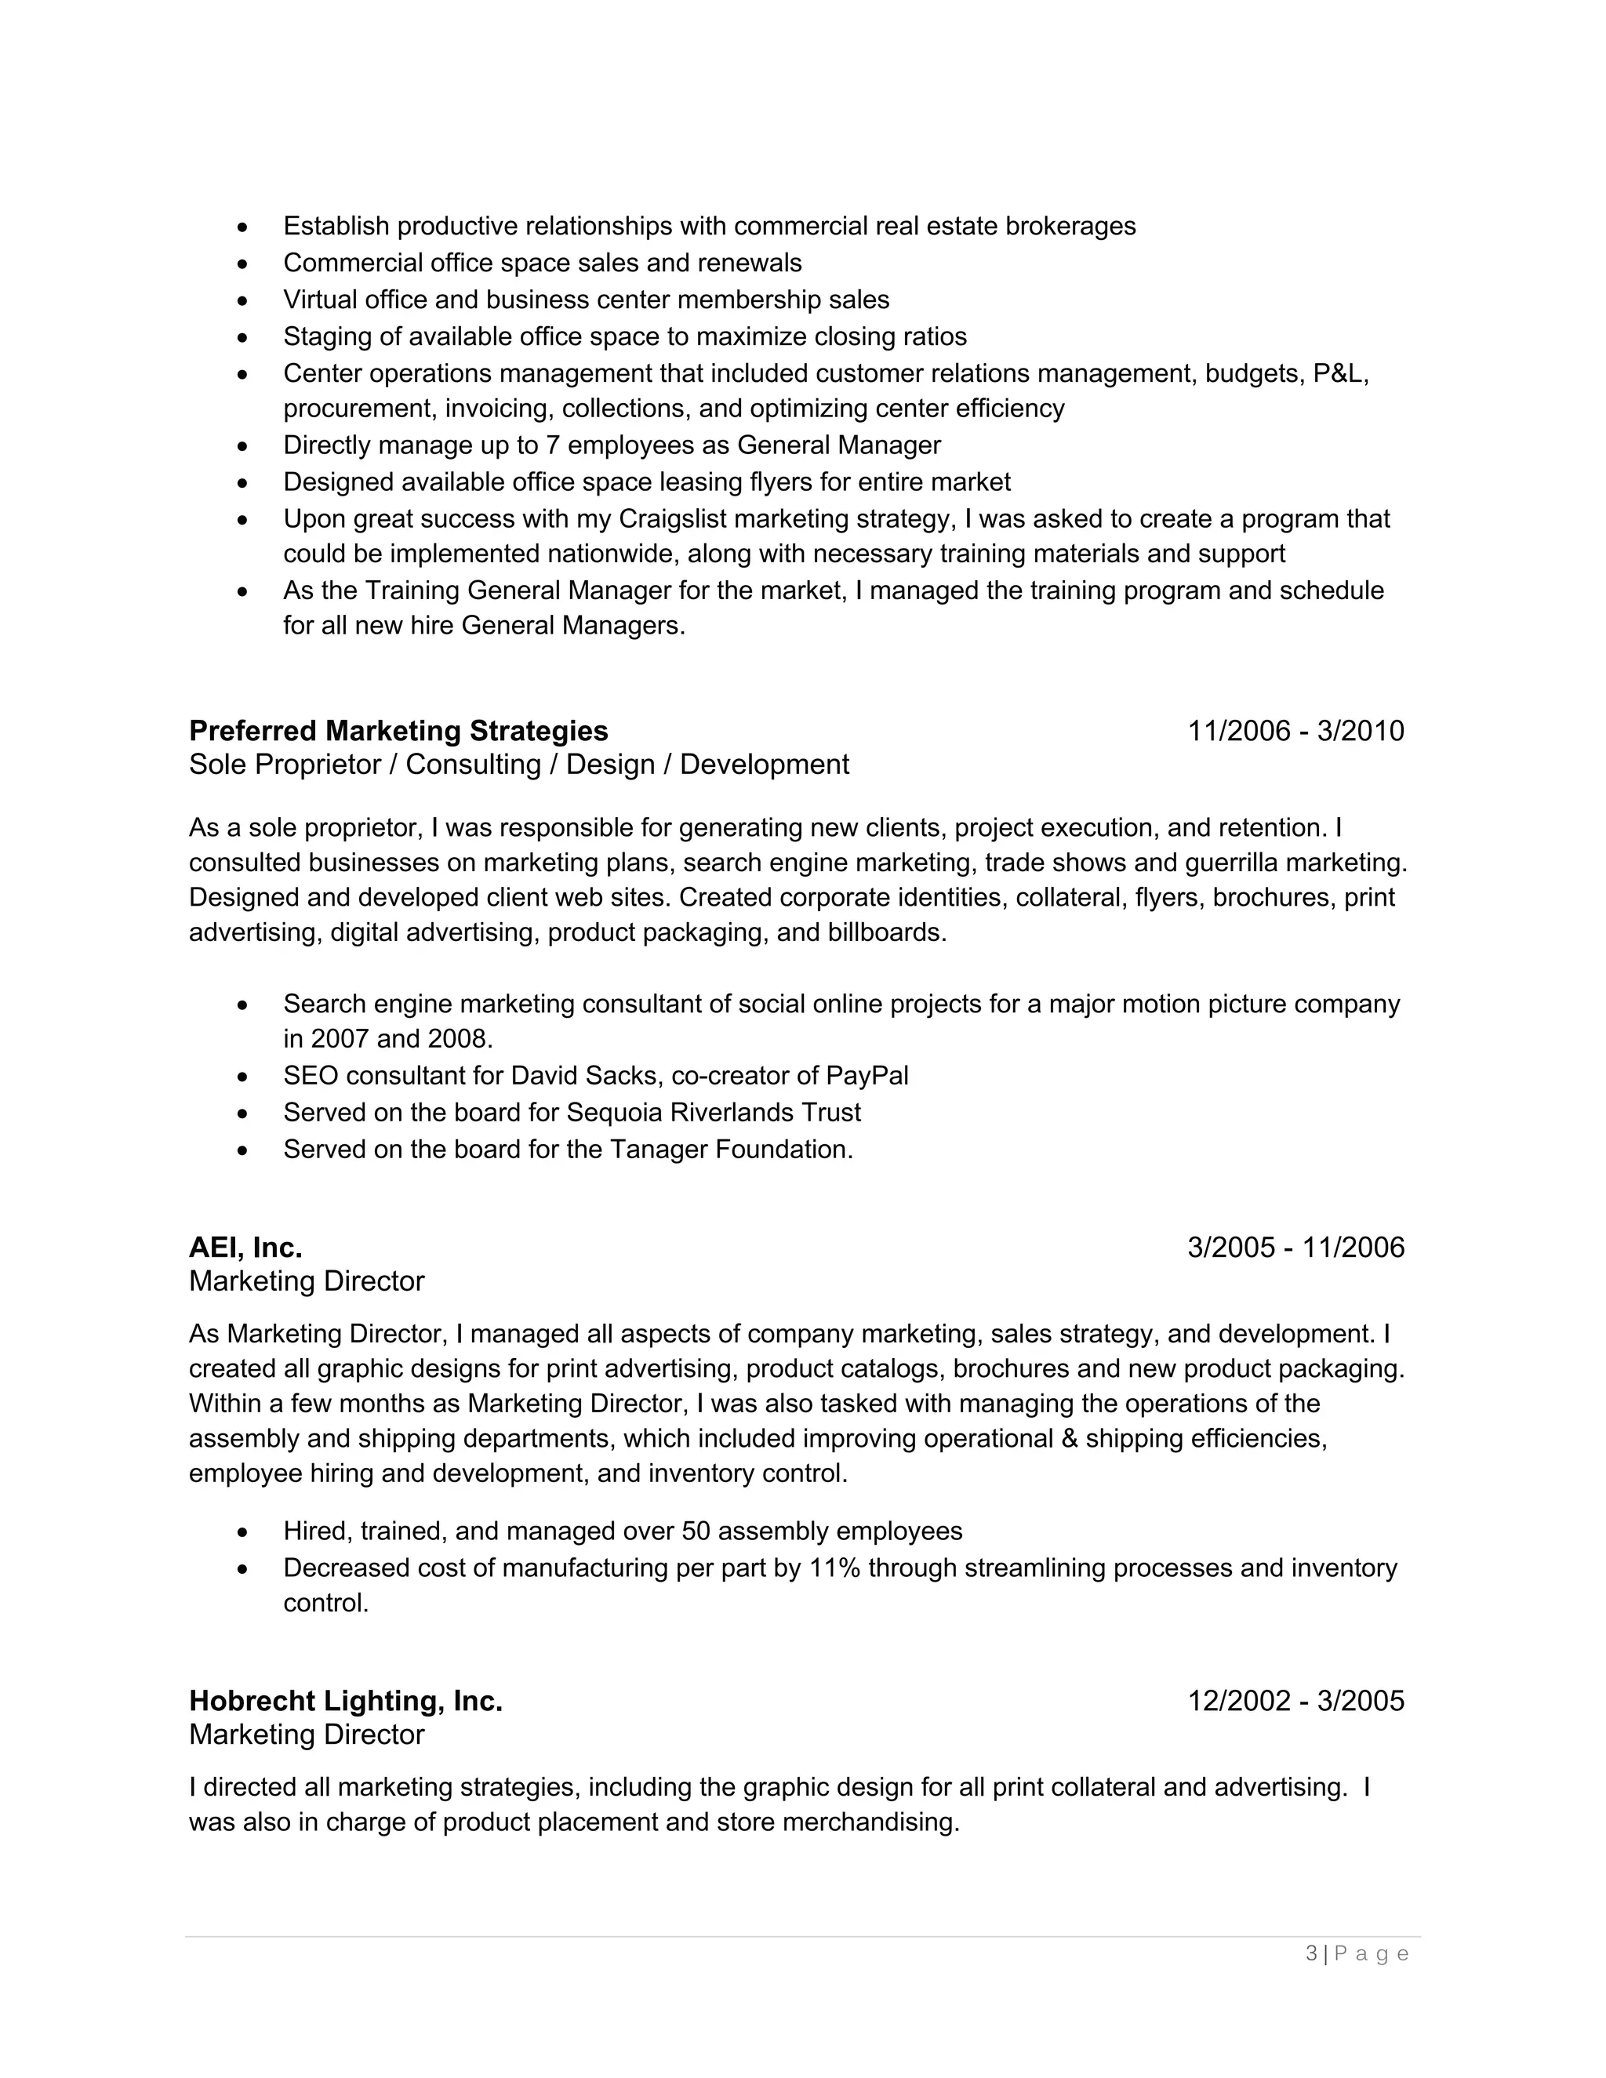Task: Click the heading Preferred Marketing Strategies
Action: pos(398,731)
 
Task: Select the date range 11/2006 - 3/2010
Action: pos(1295,731)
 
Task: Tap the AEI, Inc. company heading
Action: pos(245,1248)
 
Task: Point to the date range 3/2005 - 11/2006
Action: pos(1295,1248)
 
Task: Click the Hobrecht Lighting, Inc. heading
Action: pos(345,1700)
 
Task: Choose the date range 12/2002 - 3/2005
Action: pos(1295,1700)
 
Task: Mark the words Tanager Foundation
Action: pos(730,1150)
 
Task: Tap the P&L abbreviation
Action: pos(1339,374)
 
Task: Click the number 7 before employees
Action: pos(552,445)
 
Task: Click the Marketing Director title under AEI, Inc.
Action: pos(307,1281)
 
